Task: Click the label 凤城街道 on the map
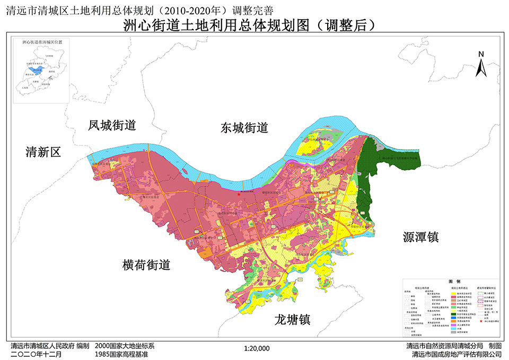(112, 126)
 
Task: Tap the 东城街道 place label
(244, 128)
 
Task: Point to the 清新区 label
(43, 153)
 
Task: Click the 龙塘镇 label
(292, 319)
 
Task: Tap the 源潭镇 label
(419, 236)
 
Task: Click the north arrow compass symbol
(481, 68)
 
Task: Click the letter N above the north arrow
(481, 54)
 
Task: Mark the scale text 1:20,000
(257, 349)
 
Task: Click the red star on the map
(239, 195)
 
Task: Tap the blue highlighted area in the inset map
(36, 69)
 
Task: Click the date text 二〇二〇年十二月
(36, 354)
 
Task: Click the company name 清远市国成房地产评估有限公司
(457, 354)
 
